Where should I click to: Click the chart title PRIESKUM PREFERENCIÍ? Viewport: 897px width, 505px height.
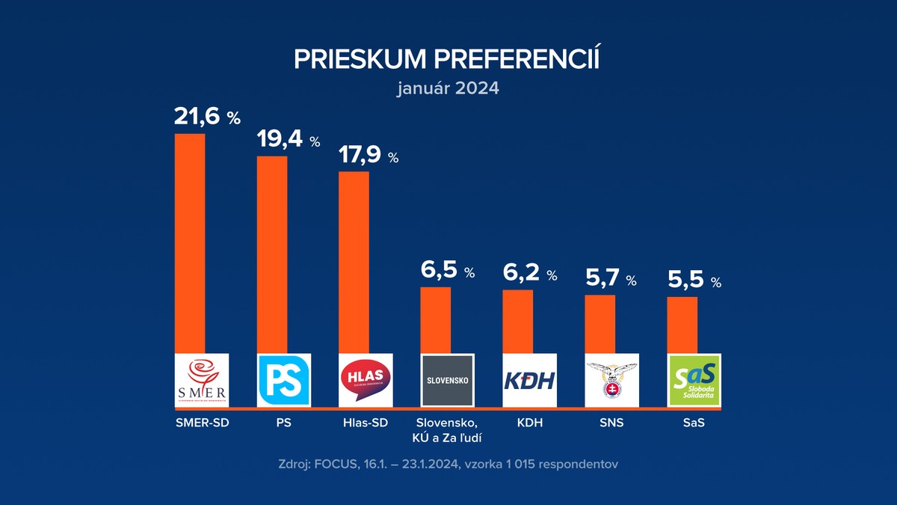point(447,59)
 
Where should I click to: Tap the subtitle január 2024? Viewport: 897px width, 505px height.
point(447,88)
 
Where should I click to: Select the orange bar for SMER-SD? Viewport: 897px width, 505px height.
point(189,243)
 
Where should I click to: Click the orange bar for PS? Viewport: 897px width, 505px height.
point(271,254)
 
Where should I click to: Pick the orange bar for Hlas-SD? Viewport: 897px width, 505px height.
point(354,262)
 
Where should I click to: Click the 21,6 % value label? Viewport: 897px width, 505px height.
point(207,116)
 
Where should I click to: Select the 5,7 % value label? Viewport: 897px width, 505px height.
point(610,279)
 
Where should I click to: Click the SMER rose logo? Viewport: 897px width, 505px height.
point(201,380)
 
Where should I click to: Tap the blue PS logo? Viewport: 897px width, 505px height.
point(283,380)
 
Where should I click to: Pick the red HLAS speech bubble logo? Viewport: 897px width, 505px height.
point(366,380)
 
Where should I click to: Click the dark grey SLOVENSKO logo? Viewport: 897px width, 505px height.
point(448,380)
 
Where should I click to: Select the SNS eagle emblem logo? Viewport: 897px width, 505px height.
point(611,380)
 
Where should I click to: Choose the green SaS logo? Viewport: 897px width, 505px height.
point(694,380)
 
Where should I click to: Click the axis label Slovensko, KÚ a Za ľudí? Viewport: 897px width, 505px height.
point(448,430)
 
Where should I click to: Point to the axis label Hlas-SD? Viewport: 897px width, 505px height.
point(365,423)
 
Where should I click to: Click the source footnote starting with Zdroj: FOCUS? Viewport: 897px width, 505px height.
point(447,465)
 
